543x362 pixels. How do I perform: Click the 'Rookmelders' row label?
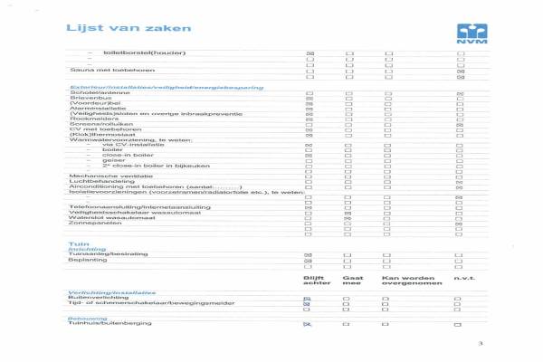pyautogui.click(x=88, y=118)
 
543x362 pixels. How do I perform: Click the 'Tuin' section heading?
pyautogui.click(x=78, y=244)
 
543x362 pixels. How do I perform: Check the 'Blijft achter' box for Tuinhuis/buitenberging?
pyautogui.click(x=308, y=323)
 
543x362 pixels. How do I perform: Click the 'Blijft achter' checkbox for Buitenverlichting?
pyautogui.click(x=308, y=298)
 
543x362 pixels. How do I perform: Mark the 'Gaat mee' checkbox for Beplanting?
pyautogui.click(x=348, y=261)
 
